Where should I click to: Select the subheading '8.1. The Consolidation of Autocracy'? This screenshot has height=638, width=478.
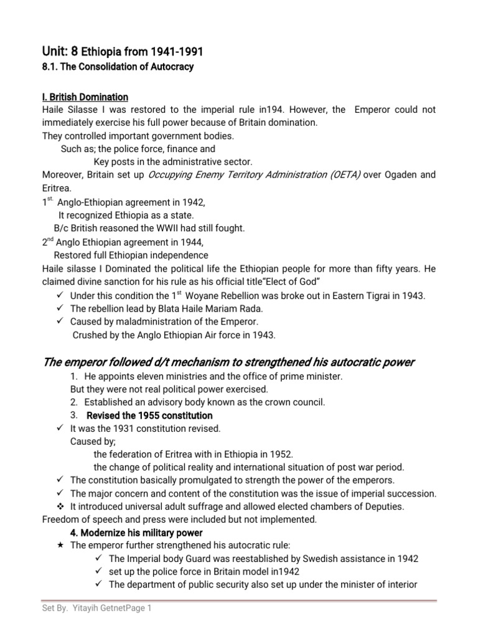click(118, 67)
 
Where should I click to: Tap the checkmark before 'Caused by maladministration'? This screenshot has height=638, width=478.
click(60, 321)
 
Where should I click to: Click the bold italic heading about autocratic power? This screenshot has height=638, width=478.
click(228, 363)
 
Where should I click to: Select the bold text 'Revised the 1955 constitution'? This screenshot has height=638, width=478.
click(149, 415)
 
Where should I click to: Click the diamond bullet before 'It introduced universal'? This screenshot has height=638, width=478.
click(60, 506)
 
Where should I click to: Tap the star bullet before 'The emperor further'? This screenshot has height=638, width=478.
click(60, 545)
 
